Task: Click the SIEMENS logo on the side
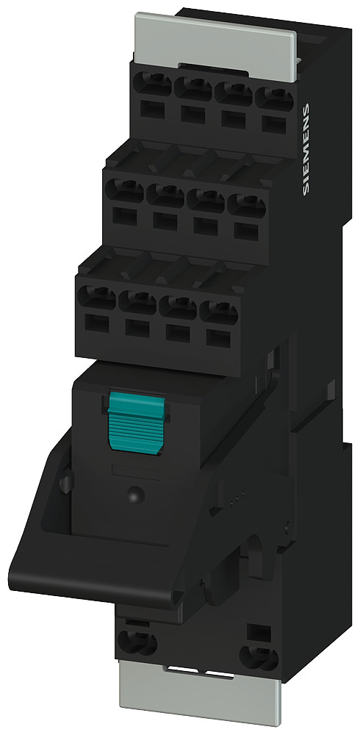[x=306, y=150]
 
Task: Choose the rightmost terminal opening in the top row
[x=274, y=98]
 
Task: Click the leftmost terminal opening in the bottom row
[x=96, y=300]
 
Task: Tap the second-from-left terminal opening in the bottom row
[x=137, y=303]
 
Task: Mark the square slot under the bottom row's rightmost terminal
[x=216, y=339]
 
